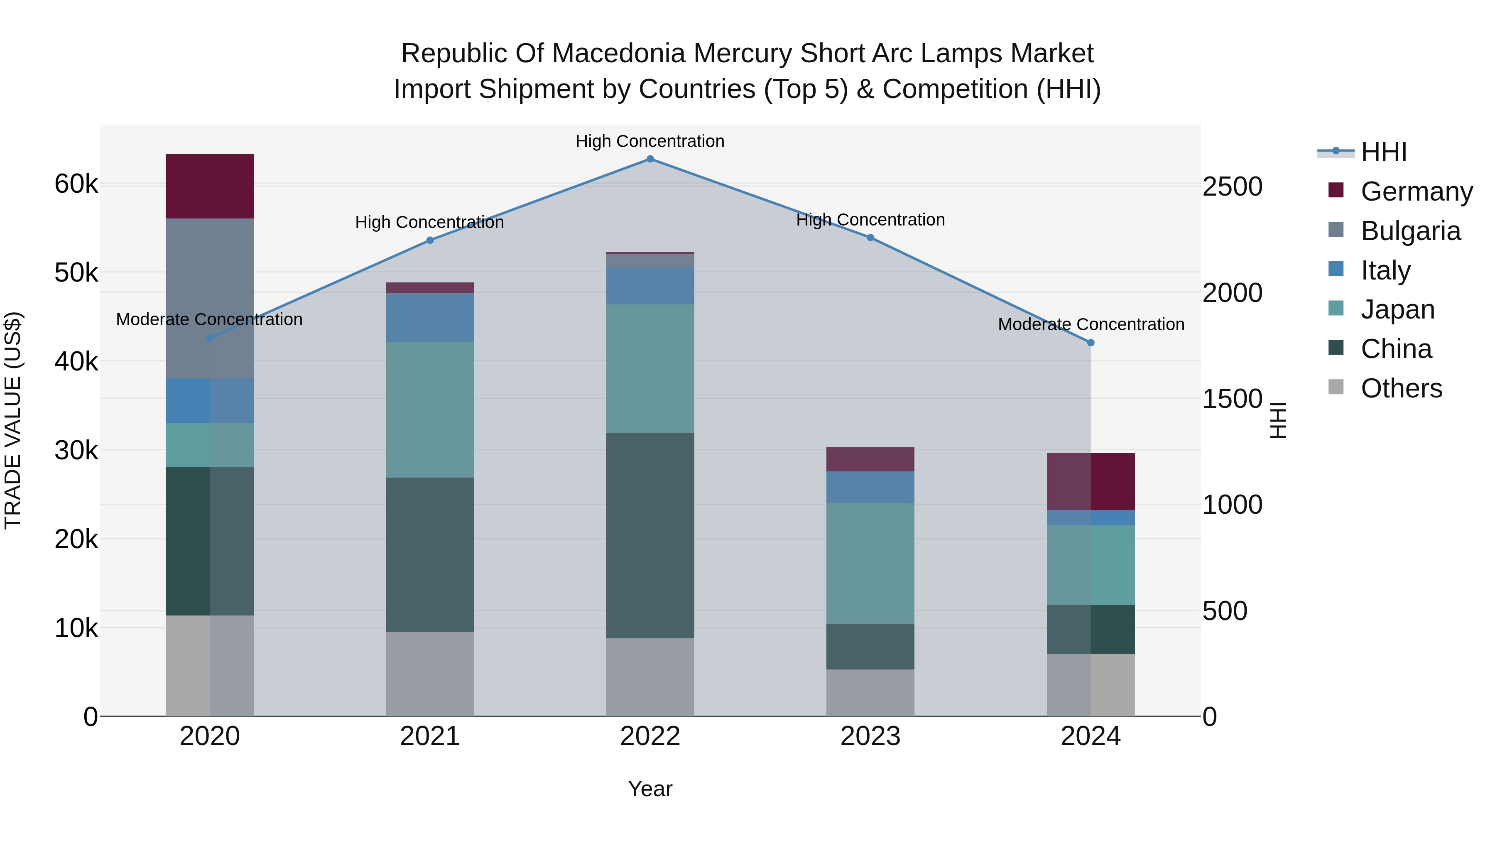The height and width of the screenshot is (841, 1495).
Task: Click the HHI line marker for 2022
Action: click(x=650, y=159)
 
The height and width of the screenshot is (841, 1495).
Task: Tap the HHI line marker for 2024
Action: click(x=1091, y=343)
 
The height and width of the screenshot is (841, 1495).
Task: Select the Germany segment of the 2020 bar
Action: click(x=210, y=186)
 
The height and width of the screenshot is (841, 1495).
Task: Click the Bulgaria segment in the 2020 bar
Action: click(x=210, y=298)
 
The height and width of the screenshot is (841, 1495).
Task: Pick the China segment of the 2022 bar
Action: click(x=650, y=535)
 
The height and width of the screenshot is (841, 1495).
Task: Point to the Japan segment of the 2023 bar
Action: click(x=870, y=563)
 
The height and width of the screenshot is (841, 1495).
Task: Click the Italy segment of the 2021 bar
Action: click(x=430, y=317)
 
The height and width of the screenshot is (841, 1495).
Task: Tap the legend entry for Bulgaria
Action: click(x=1410, y=231)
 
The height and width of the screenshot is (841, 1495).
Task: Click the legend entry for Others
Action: click(x=1401, y=388)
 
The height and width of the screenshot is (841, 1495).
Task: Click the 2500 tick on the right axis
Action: click(x=1232, y=187)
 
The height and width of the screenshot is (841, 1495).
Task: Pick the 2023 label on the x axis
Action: click(x=870, y=736)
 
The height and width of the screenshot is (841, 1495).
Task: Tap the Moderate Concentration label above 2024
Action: click(x=1091, y=324)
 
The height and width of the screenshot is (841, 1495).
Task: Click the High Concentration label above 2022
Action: click(x=650, y=141)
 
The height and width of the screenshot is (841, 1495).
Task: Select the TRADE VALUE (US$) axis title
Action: click(x=13, y=420)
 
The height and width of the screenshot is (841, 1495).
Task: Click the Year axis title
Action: click(x=650, y=789)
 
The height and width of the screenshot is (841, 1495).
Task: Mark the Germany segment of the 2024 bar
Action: click(x=1091, y=482)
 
